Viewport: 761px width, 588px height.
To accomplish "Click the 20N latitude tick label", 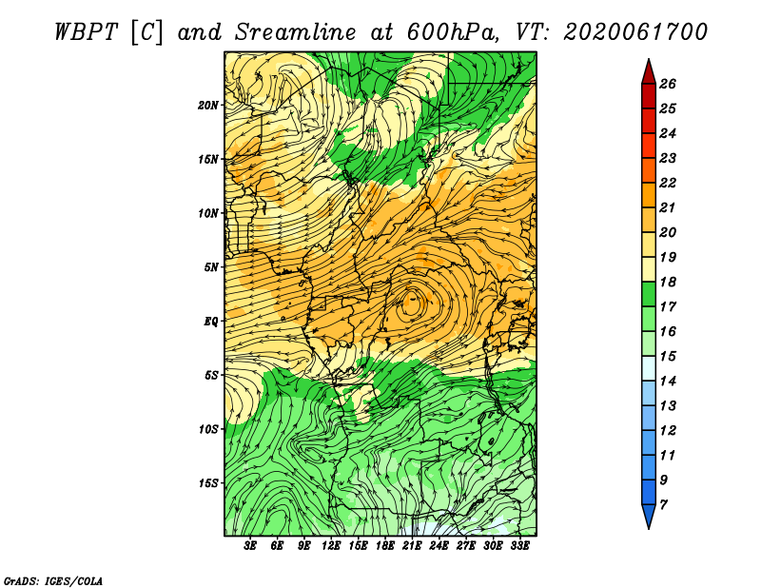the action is pyautogui.click(x=208, y=106).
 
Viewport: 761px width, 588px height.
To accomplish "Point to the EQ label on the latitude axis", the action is pyautogui.click(x=210, y=322).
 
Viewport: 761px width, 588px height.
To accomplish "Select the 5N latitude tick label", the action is pyautogui.click(x=211, y=267).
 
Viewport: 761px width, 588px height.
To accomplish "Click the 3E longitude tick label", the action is pyautogui.click(x=250, y=546).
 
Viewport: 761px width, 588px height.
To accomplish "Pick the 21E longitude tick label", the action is pyautogui.click(x=412, y=546).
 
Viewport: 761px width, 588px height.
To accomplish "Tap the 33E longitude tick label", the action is pyautogui.click(x=519, y=546).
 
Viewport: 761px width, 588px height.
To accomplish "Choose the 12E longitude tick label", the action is pyautogui.click(x=330, y=546).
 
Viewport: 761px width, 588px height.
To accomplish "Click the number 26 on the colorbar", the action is pyautogui.click(x=668, y=84).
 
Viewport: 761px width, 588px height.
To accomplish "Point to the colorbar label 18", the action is pyautogui.click(x=668, y=282).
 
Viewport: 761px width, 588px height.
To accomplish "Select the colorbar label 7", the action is pyautogui.click(x=663, y=505).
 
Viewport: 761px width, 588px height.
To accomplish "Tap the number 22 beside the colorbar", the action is pyautogui.click(x=668, y=183).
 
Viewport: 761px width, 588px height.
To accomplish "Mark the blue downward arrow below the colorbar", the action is pyautogui.click(x=649, y=516).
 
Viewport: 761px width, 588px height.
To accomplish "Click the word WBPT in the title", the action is pyautogui.click(x=87, y=32).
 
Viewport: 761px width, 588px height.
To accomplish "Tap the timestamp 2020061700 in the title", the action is pyautogui.click(x=635, y=32).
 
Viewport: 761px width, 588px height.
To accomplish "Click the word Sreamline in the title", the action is pyautogui.click(x=296, y=32).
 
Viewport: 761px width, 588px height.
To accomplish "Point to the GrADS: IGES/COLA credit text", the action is pyautogui.click(x=53, y=580).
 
